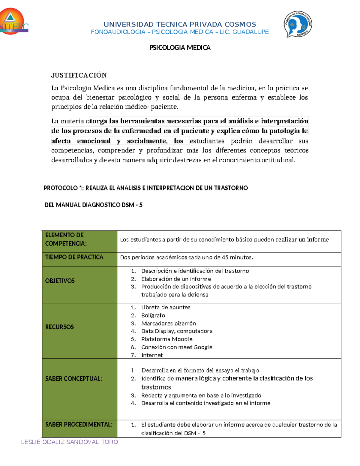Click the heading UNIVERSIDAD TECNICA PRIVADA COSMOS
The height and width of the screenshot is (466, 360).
180,24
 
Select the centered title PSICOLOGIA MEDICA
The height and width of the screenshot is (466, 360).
180,48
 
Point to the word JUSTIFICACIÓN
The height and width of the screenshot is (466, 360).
79,75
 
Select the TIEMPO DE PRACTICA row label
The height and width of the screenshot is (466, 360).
74,257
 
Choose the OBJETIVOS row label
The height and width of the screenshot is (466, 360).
60,281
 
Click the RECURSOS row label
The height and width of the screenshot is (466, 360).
59,327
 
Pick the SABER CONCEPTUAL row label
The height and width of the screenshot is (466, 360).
73,379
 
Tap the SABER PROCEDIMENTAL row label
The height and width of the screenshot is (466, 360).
79,425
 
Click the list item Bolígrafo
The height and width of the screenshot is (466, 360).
153,315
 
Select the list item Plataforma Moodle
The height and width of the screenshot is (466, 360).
167,339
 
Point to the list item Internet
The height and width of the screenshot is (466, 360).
152,355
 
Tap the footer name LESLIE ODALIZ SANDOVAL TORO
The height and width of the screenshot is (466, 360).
69,442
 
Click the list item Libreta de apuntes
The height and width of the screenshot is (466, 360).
166,308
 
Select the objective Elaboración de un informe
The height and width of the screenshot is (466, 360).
176,279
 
